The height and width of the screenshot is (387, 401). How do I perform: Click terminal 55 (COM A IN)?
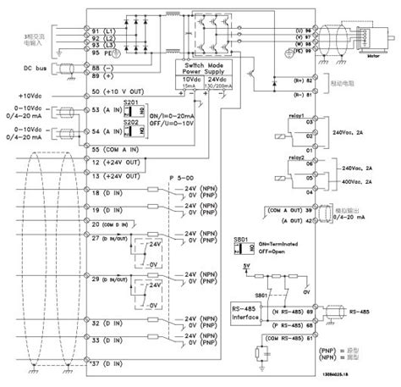click(x=119, y=148)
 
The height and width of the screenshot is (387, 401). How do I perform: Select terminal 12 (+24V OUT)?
click(x=119, y=161)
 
